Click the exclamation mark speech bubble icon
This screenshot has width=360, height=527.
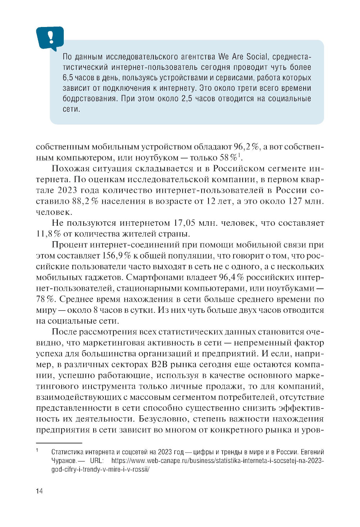click(x=50, y=37)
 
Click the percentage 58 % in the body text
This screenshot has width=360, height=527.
click(x=229, y=158)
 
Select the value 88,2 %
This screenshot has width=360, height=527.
click(x=85, y=201)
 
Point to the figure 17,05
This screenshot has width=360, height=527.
click(x=184, y=223)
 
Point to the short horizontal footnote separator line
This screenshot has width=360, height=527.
click(x=59, y=443)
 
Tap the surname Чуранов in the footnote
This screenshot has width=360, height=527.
click(x=63, y=461)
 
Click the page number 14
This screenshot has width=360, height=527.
click(x=39, y=491)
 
